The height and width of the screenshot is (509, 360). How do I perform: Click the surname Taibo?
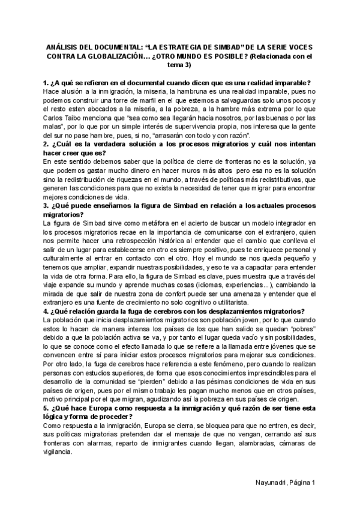(79, 119)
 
